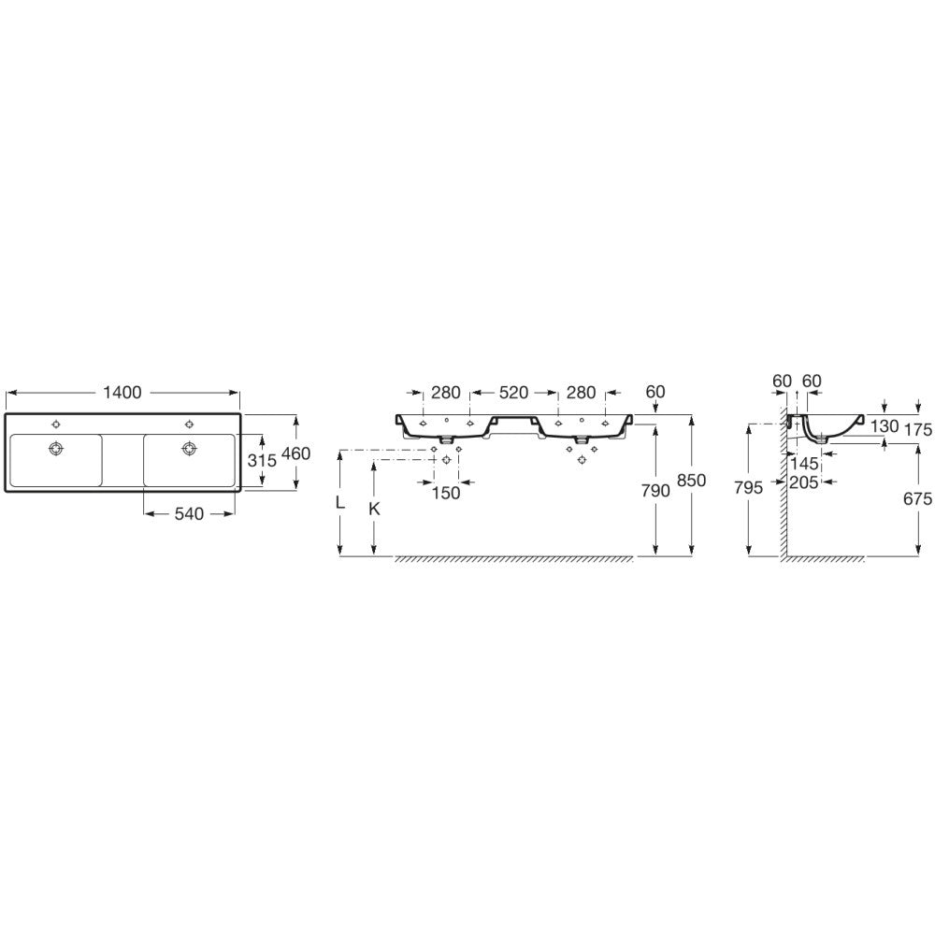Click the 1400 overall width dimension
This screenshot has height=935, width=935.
122,393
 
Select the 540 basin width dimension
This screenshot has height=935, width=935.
189,513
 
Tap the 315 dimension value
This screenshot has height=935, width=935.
263,460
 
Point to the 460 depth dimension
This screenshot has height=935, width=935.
296,453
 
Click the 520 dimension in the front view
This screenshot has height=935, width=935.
513,393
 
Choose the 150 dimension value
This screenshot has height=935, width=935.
446,493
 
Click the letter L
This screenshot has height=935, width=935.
340,503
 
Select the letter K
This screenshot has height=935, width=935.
375,509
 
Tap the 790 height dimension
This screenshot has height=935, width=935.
656,491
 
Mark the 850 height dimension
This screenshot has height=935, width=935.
692,480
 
